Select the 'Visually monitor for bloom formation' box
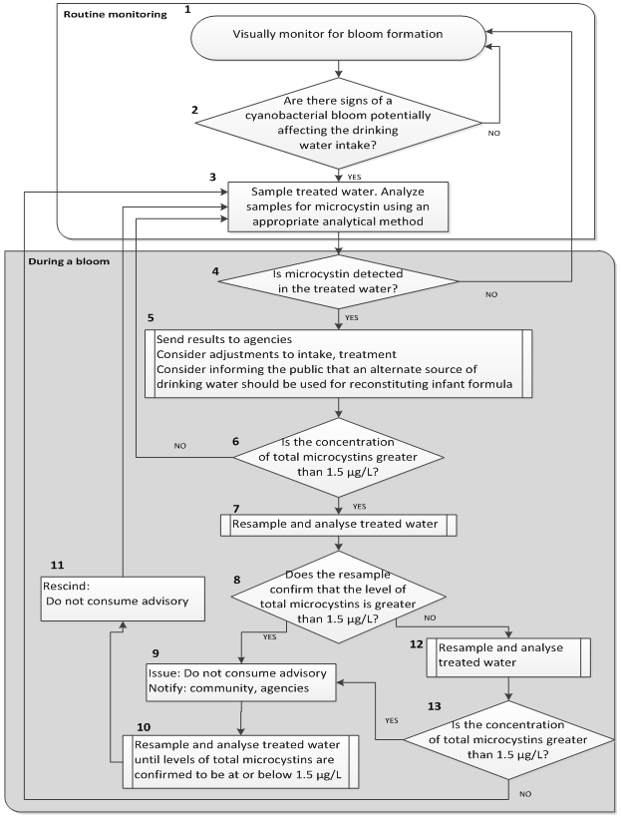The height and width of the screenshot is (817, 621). [x=339, y=34]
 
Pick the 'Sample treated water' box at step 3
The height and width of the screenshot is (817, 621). [x=338, y=206]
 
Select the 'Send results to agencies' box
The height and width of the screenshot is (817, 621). [x=339, y=364]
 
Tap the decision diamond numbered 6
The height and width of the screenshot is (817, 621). [x=339, y=457]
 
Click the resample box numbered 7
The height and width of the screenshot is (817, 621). [x=339, y=524]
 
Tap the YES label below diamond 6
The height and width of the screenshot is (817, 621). [x=359, y=505]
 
